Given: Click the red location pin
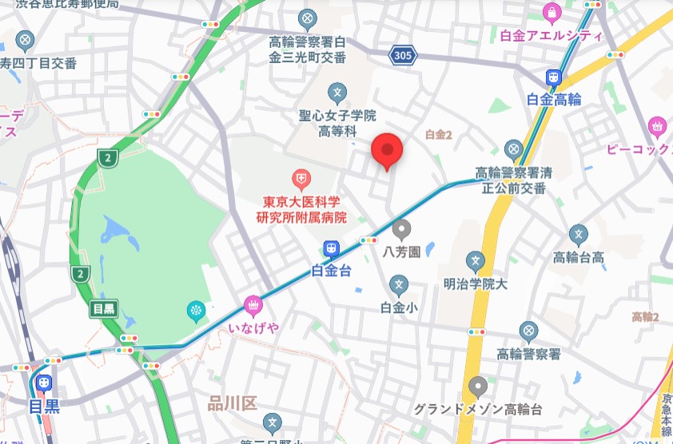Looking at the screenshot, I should point(388,150).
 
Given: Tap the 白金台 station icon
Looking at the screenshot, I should point(330,250).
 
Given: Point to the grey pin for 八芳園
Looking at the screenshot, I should point(400,230).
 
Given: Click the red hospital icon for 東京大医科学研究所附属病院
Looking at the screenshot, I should point(301,177).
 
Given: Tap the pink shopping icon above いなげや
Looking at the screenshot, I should point(252,304).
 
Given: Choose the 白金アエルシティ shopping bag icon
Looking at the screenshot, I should point(551,13).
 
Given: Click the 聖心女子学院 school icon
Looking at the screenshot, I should point(337,93).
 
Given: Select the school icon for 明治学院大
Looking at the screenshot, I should point(476,261).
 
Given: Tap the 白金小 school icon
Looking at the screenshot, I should point(399,284).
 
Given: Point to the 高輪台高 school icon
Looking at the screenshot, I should point(579,234).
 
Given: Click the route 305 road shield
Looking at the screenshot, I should point(404,54).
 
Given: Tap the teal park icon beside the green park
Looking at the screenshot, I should point(196,310).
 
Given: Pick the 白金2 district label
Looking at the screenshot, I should point(439,135).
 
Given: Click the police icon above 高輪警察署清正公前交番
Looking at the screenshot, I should point(514,149).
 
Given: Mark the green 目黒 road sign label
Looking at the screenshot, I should point(104,308).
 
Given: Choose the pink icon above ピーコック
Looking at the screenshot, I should point(657,125).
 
